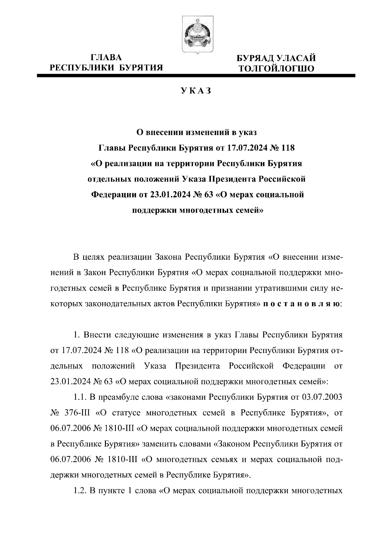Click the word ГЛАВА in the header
[x=106, y=58]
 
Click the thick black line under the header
[x=196, y=76]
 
